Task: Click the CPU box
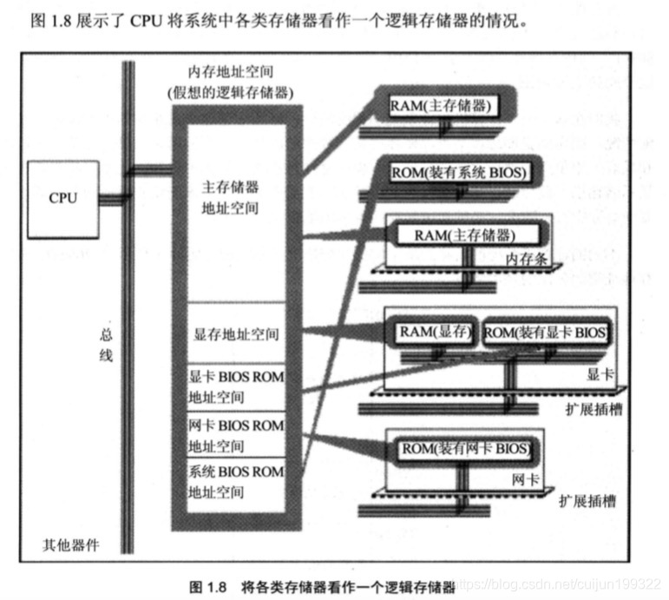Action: point(63,197)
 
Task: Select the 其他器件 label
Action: point(70,545)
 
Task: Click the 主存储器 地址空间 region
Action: point(230,198)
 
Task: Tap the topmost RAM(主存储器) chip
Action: point(442,106)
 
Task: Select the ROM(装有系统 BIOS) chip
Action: point(458,173)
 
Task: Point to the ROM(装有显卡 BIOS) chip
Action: point(544,333)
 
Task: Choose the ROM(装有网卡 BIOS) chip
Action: point(464,449)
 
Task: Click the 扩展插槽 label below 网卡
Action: point(587,501)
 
